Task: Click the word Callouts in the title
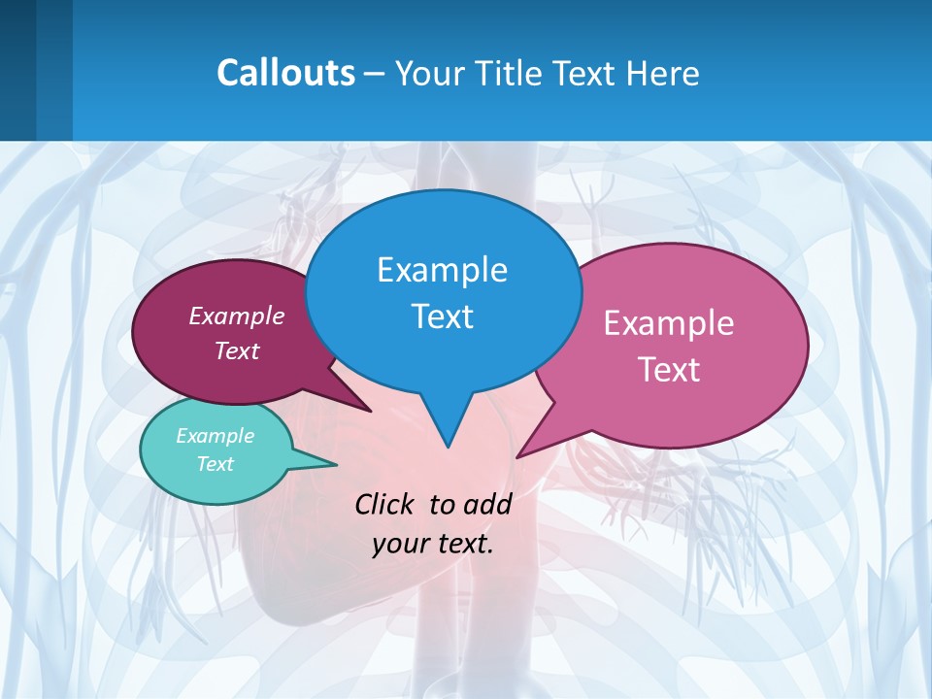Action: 286,73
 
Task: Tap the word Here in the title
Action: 661,73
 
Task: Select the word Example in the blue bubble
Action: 442,270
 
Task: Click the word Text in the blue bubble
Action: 442,316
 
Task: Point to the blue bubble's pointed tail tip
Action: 448,447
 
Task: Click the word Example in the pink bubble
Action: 668,323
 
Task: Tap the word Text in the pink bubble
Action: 668,370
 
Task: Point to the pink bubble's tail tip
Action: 517,456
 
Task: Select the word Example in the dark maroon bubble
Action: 236,316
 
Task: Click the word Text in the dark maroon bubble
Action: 236,350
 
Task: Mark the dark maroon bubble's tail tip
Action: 371,411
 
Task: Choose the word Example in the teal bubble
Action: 215,436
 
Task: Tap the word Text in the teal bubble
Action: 215,464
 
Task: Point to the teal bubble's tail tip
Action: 337,464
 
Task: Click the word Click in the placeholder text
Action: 385,504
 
